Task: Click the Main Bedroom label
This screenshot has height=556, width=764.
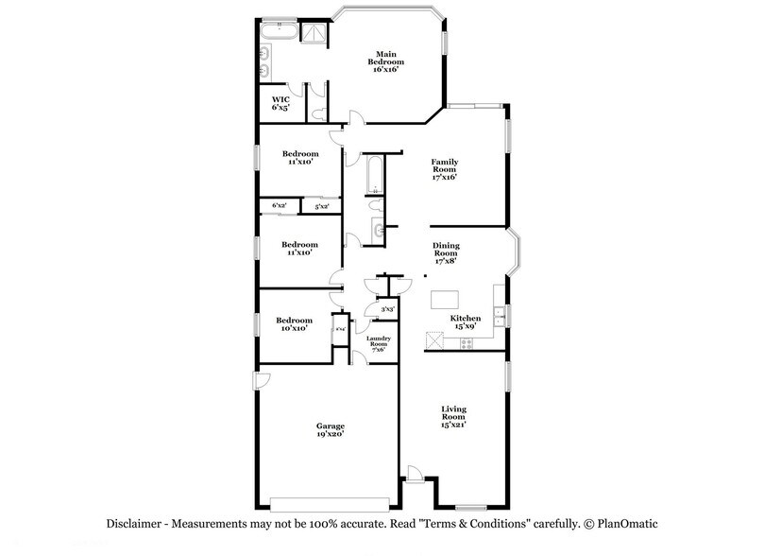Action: pyautogui.click(x=384, y=61)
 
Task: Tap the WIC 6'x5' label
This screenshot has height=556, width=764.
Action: pyautogui.click(x=280, y=103)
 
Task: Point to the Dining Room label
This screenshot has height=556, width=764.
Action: pyautogui.click(x=445, y=252)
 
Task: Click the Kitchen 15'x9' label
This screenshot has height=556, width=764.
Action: pyautogui.click(x=466, y=322)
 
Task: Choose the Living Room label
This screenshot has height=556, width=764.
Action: pyautogui.click(x=453, y=416)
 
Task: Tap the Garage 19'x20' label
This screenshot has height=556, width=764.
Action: pyautogui.click(x=330, y=429)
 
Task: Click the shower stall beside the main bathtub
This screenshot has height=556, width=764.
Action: pyautogui.click(x=311, y=33)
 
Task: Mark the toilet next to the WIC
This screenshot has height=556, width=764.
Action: pyautogui.click(x=321, y=113)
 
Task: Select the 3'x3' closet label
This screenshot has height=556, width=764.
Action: pyautogui.click(x=387, y=308)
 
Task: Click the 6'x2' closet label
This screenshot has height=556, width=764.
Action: pyautogui.click(x=279, y=205)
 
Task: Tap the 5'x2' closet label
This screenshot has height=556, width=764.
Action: pyautogui.click(x=322, y=205)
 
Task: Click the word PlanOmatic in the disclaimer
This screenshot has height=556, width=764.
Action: pyautogui.click(x=621, y=523)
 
